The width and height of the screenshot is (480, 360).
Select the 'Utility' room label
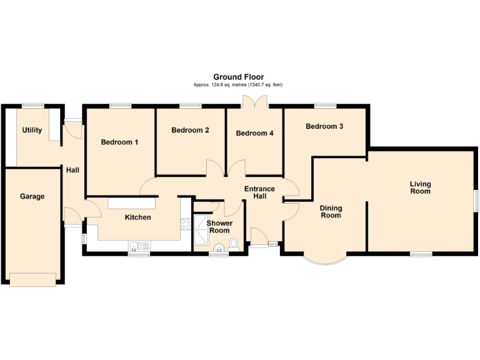click(x=32, y=130)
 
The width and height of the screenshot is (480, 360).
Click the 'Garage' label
click(x=32, y=196)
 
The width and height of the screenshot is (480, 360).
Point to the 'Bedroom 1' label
click(x=119, y=142)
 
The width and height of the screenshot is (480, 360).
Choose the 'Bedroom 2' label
click(x=190, y=130)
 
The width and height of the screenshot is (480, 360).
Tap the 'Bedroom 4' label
click(x=254, y=132)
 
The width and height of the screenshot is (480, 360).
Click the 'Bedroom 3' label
click(x=324, y=126)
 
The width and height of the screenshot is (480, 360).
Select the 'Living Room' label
click(x=421, y=187)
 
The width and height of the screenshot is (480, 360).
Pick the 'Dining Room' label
click(x=331, y=211)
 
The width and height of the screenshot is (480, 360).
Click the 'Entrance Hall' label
click(x=259, y=192)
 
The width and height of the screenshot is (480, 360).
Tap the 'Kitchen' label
click(x=137, y=217)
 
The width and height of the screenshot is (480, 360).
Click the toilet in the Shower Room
click(x=234, y=244)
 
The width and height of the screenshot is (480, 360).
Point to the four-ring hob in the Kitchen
click(x=185, y=224)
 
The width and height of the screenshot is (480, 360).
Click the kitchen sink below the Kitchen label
click(x=136, y=245)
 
